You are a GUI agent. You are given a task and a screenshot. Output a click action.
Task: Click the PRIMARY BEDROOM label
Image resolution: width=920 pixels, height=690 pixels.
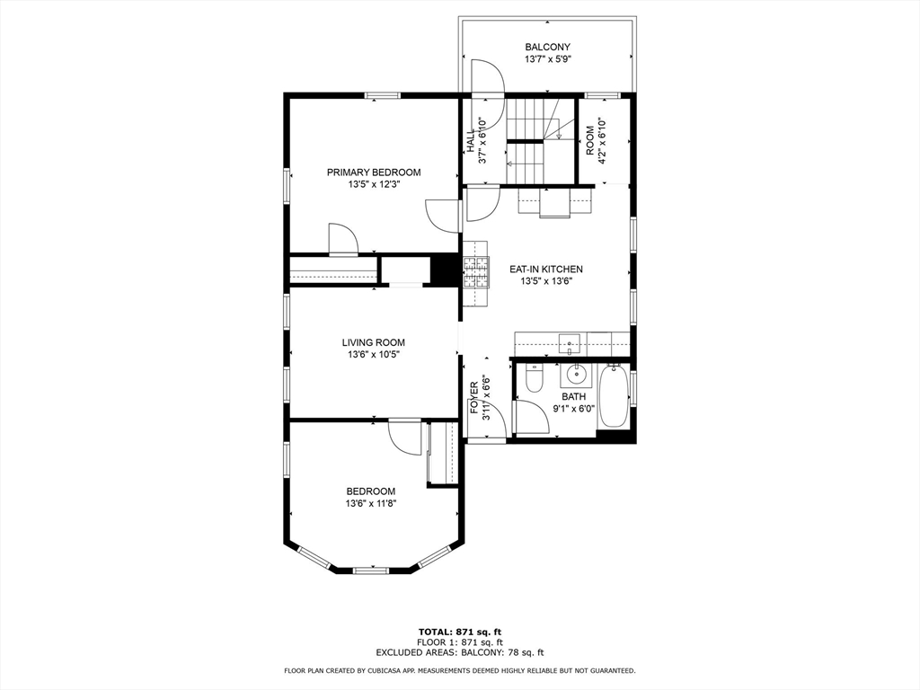click(374, 172)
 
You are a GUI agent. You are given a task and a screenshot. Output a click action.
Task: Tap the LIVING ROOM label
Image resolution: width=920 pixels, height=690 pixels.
click(374, 342)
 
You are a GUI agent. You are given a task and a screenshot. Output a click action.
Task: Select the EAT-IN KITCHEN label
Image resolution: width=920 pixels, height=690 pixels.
click(545, 270)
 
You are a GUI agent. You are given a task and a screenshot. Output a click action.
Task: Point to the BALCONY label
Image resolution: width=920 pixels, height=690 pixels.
click(547, 47)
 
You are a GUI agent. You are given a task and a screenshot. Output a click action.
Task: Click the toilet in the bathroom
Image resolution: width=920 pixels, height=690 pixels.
click(535, 378)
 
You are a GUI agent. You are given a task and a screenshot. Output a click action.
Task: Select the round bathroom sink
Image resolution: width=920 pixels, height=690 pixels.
click(578, 372)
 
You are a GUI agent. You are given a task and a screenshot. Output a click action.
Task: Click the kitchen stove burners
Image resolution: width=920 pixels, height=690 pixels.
click(476, 273)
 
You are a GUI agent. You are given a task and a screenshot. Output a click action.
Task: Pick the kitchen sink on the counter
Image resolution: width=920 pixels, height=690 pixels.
click(569, 343)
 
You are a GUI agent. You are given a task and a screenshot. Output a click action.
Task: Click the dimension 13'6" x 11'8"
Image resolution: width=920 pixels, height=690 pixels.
click(371, 503)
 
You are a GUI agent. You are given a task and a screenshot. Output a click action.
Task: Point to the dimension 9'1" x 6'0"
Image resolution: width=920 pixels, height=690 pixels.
click(574, 409)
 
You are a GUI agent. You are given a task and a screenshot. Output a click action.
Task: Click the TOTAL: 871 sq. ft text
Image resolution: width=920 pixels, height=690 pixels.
click(460, 632)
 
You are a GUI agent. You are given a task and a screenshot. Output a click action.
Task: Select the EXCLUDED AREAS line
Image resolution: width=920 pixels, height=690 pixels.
click(460, 652)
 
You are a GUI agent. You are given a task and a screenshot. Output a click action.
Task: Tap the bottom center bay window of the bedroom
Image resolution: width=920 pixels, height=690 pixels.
click(371, 570)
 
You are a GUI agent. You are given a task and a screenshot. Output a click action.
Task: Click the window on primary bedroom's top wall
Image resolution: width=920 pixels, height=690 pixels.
click(382, 95)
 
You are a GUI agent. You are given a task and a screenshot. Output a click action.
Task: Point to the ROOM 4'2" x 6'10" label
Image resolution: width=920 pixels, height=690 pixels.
click(595, 140)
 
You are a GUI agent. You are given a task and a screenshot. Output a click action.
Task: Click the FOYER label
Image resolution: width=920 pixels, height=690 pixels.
click(474, 398)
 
